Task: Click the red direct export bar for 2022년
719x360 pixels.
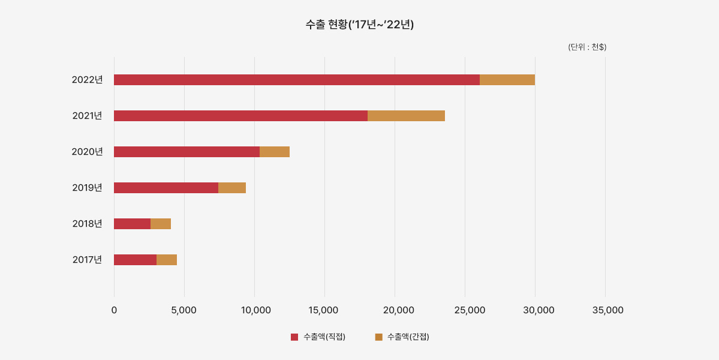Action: point(297,80)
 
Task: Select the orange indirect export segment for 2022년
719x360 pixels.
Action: point(507,80)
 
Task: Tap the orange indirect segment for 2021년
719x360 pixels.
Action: point(406,116)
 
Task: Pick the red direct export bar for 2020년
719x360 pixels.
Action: point(186,152)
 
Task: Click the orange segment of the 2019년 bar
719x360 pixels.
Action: point(232,188)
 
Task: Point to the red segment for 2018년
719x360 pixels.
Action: point(132,224)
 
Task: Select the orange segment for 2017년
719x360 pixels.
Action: point(167,260)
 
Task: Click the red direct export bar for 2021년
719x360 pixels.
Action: point(240,116)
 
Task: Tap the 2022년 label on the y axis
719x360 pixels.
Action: point(88,80)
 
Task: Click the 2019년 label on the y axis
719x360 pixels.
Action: point(88,188)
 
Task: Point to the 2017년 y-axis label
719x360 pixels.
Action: point(88,260)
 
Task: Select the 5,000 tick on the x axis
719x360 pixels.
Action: point(184,310)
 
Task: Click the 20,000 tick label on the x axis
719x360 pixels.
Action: point(395,310)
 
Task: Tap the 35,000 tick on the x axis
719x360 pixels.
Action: point(607,310)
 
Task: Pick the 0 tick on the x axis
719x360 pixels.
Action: point(114,310)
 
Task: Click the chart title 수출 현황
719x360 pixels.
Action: point(360,25)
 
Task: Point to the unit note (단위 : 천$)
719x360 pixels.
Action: point(587,47)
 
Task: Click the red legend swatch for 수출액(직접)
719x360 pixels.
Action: point(294,337)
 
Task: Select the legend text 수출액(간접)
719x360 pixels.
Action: point(408,337)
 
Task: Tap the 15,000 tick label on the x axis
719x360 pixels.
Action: point(324,310)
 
